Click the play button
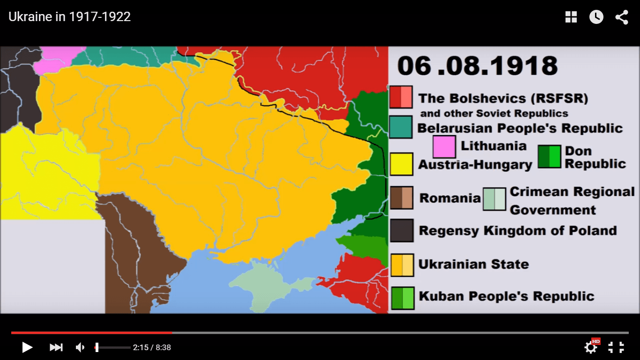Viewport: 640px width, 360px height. (x=27, y=347)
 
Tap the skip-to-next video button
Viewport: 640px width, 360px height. (x=56, y=347)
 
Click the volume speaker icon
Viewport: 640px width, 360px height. (x=80, y=347)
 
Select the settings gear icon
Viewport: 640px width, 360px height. (x=591, y=347)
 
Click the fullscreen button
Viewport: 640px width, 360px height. (x=616, y=347)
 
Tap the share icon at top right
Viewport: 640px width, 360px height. (x=622, y=17)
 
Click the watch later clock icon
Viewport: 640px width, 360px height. (x=596, y=17)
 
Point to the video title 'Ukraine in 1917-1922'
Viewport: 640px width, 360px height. (x=69, y=17)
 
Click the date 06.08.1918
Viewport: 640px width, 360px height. (x=477, y=66)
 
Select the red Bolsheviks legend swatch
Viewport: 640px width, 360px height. (x=401, y=97)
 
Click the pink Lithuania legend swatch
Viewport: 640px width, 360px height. (x=444, y=147)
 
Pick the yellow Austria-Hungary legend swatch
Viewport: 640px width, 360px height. (x=402, y=164)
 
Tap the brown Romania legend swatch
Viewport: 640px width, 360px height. (x=402, y=197)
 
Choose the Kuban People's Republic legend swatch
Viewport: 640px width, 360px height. (x=402, y=298)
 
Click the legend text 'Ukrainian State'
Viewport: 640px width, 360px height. (x=473, y=264)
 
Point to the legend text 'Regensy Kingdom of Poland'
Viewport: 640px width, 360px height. (x=517, y=231)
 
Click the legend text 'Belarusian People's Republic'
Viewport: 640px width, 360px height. (x=520, y=128)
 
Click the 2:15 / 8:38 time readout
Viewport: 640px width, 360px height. (x=152, y=347)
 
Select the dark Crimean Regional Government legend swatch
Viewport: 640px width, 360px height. (x=494, y=199)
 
